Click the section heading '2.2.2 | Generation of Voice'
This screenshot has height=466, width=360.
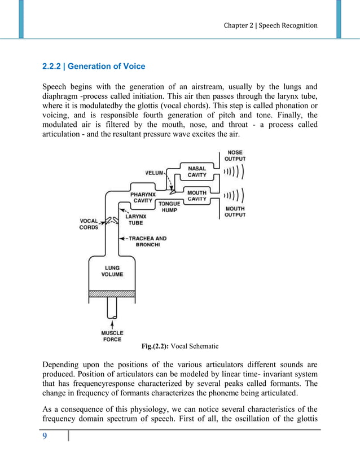click(x=94, y=67)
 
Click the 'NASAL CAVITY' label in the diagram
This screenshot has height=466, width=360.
click(x=197, y=172)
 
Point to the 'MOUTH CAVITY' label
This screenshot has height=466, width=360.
click(x=197, y=196)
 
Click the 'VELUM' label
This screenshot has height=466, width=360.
click(x=154, y=173)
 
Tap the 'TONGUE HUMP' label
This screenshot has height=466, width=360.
click(x=169, y=207)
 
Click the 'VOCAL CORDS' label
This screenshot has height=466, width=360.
click(x=89, y=224)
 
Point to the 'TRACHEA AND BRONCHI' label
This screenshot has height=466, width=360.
click(x=146, y=241)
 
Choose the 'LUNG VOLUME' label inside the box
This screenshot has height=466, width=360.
click(x=112, y=271)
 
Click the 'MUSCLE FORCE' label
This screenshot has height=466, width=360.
click(x=112, y=336)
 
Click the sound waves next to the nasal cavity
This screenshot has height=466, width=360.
click(x=234, y=172)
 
